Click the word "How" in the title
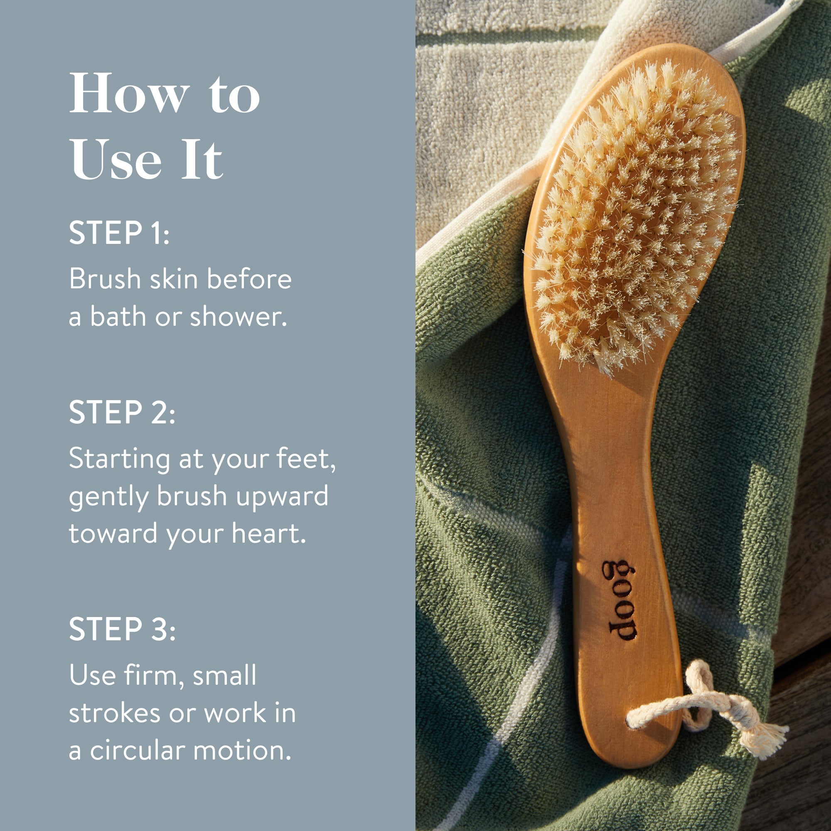pos(129,94)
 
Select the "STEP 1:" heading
pos(119,233)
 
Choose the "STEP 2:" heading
pos(122,413)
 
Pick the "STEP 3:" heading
pos(122,629)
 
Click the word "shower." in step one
pos(238,317)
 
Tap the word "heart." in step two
pos(269,534)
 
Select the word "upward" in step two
pos(282,496)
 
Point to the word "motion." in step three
pos(242,750)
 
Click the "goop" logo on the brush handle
pos(620,600)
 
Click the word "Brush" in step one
pos(105,279)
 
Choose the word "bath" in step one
pos(118,317)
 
